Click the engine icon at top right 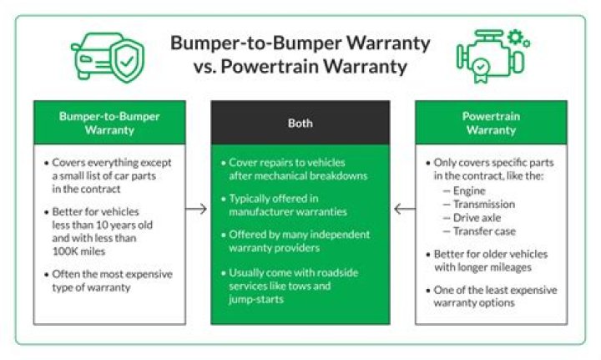click(x=492, y=58)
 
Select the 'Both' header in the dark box click(x=300, y=123)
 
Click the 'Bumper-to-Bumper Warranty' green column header click(x=109, y=123)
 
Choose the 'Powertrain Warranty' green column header click(x=491, y=123)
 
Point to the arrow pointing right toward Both click(x=196, y=209)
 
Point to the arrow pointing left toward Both click(x=403, y=209)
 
